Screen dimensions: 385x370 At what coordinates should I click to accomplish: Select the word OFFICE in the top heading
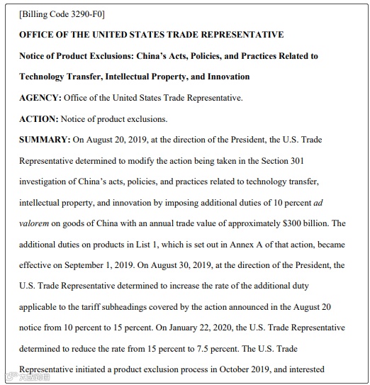point(39,35)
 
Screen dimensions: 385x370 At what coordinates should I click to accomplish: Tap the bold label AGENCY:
point(40,98)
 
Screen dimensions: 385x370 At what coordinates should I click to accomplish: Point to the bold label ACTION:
point(38,119)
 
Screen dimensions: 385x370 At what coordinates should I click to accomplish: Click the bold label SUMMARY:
point(45,140)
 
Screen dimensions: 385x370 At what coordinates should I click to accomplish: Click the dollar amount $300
point(295,223)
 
